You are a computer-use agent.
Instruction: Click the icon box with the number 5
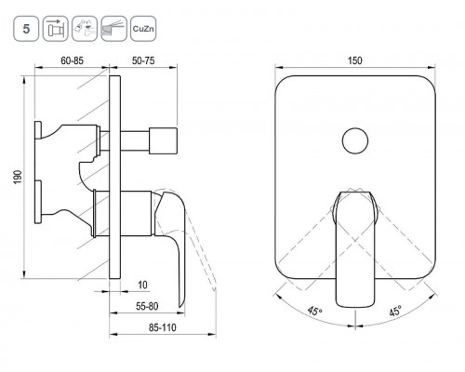click(26, 29)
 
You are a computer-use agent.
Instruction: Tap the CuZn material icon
click(143, 29)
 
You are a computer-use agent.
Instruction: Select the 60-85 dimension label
click(72, 60)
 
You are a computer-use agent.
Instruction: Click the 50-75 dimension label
click(143, 60)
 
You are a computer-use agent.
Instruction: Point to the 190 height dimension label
click(18, 177)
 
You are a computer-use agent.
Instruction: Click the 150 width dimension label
click(354, 60)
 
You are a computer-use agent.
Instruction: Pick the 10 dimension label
click(142, 285)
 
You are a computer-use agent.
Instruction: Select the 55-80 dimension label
click(147, 306)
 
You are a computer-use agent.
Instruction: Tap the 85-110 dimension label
click(163, 327)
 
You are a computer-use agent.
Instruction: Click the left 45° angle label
click(315, 311)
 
